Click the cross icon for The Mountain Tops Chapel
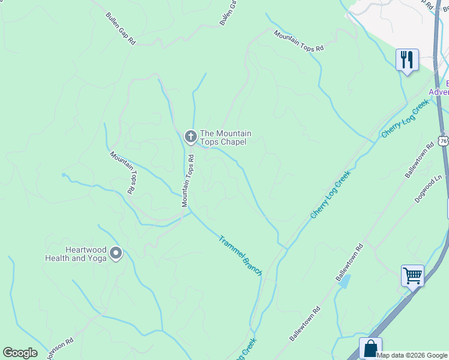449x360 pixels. point(190,137)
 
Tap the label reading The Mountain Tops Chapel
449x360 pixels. point(225,137)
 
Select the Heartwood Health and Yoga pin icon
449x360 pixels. point(116,254)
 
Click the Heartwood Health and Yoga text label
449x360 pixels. point(76,254)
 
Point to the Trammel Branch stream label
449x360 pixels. point(240,255)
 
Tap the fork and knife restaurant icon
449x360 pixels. point(407,60)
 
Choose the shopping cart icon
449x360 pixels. point(412,276)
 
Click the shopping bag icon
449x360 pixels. point(370,348)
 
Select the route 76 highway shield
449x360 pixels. point(443,141)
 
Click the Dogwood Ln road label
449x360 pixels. point(429,190)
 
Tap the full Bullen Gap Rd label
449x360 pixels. point(121,29)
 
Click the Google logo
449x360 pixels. point(20,353)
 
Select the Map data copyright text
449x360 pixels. point(412,355)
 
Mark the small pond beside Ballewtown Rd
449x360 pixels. point(344,281)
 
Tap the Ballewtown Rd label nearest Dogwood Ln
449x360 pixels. point(419,160)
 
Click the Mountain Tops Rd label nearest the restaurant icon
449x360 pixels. point(298,40)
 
